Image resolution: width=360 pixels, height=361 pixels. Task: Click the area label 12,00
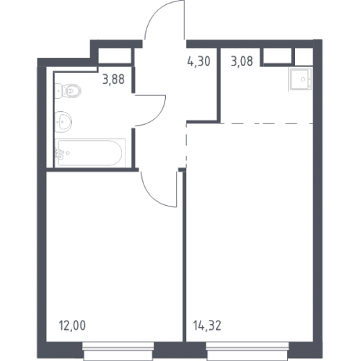(72, 326)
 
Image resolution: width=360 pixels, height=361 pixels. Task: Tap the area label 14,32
(207, 326)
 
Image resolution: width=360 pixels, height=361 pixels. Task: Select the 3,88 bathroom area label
(113, 79)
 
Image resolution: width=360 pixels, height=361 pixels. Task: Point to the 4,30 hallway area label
(198, 61)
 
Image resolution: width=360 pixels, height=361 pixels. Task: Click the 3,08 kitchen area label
(242, 61)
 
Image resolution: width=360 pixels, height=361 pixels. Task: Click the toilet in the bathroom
(68, 91)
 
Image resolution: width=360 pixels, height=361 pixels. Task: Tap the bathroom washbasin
(63, 121)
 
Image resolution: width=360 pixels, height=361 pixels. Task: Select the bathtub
(90, 153)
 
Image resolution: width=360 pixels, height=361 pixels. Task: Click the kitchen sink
(300, 79)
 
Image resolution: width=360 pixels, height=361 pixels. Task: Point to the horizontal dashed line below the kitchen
(267, 123)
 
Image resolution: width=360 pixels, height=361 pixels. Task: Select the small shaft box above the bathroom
(115, 56)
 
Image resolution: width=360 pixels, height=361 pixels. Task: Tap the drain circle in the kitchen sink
(303, 79)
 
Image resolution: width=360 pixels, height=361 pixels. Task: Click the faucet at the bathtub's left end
(59, 154)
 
